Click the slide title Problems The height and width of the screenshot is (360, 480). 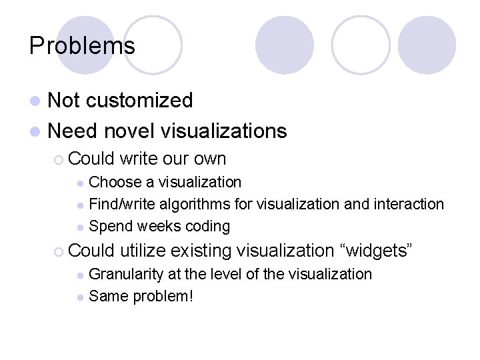pos(82,45)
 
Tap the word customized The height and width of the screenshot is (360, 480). pos(139,101)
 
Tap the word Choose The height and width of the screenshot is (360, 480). pos(115,182)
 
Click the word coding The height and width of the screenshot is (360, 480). pos(207,227)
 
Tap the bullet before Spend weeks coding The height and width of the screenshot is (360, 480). pos(80,227)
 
